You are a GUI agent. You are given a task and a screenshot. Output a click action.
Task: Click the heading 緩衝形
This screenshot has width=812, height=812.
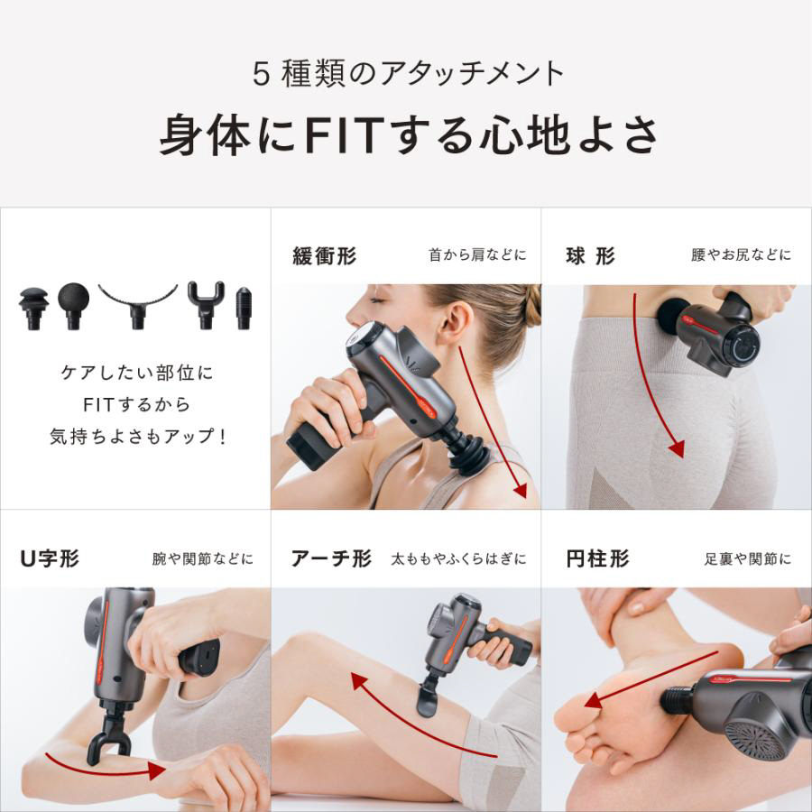click(x=325, y=256)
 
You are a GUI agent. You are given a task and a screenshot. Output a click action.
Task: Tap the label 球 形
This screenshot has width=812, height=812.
click(x=590, y=256)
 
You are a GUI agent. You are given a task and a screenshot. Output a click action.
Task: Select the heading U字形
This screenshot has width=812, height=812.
click(x=50, y=558)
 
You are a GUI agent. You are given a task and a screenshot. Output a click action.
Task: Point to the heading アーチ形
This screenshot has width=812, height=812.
click(x=331, y=558)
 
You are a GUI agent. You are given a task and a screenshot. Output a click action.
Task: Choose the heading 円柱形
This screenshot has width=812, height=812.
click(x=597, y=558)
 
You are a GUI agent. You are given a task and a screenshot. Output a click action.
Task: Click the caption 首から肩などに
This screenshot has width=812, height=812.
click(x=477, y=254)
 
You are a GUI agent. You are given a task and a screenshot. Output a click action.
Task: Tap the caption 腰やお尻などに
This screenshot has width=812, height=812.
click(x=741, y=254)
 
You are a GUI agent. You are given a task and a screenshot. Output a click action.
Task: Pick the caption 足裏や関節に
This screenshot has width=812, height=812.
click(x=748, y=558)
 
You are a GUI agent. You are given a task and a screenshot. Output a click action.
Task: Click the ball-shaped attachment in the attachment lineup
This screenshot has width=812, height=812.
click(x=73, y=305)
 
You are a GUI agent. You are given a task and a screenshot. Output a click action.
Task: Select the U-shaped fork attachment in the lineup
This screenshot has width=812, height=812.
click(x=206, y=306)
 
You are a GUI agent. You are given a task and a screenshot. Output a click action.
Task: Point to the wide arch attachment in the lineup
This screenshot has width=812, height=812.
click(x=138, y=305)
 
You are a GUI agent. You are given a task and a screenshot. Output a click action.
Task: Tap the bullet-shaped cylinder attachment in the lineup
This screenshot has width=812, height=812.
click(x=244, y=309)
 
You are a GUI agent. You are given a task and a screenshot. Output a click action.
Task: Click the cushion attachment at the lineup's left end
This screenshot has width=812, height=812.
click(x=33, y=309)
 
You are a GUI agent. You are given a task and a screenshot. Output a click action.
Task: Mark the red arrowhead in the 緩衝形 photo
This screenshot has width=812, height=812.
click(x=520, y=490)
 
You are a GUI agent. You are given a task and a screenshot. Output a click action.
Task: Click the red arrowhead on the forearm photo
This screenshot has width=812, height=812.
click(x=156, y=770)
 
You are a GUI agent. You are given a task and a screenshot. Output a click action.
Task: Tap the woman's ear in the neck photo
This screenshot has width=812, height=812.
click(x=457, y=322)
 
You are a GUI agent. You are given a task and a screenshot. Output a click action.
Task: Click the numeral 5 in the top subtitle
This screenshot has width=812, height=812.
click(x=262, y=74)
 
